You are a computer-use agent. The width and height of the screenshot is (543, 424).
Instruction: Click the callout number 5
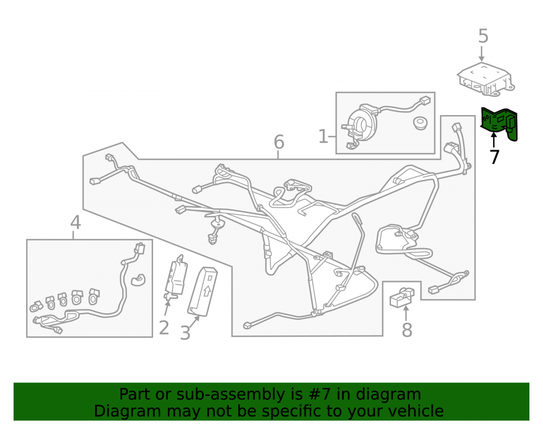click(483, 36)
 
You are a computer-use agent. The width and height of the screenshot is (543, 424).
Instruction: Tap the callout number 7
click(495, 157)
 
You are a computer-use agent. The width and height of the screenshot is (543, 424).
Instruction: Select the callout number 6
click(279, 142)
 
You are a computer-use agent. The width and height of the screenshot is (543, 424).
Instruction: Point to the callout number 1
click(323, 136)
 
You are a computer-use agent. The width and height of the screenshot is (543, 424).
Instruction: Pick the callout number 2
click(164, 327)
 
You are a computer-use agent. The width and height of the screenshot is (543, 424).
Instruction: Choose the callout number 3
click(185, 333)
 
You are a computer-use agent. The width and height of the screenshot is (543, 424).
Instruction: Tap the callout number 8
click(407, 330)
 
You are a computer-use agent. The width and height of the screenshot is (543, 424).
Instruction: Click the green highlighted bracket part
click(499, 123)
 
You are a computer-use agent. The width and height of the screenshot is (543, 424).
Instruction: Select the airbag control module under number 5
click(485, 79)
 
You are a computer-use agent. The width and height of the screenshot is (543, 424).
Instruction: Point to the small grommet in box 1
click(420, 123)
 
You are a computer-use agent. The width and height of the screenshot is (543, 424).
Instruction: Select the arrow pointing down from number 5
click(481, 54)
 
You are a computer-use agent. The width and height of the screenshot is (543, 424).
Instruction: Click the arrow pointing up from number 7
click(493, 140)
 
